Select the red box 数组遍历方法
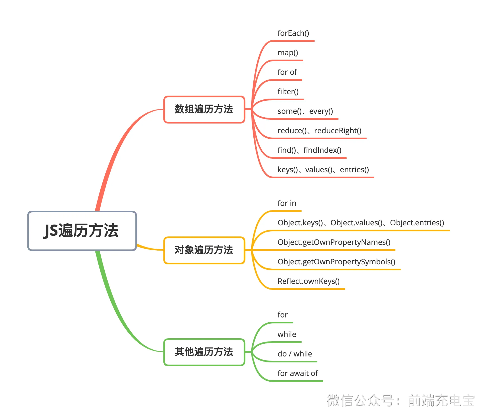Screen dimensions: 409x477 tap(204, 109)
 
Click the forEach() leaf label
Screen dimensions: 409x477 tap(293, 33)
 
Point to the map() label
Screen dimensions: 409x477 tap(288, 53)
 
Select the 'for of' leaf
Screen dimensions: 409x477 tap(287, 72)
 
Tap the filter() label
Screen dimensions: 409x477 tap(288, 92)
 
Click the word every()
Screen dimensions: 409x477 tap(321, 111)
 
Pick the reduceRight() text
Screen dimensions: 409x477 tap(338, 131)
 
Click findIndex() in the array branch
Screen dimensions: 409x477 tap(323, 150)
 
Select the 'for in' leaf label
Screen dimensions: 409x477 tap(287, 203)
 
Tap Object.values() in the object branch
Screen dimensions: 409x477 tap(356, 223)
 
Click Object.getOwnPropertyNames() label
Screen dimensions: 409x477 tap(334, 242)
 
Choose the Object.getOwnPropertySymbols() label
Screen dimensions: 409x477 tap(336, 262)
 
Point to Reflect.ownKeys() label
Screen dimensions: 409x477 tap(308, 281)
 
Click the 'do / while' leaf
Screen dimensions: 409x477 tap(295, 354)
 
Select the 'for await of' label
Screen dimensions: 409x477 tap(298, 374)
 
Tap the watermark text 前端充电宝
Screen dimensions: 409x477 tap(441, 400)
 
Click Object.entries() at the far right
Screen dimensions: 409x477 tap(417, 223)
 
